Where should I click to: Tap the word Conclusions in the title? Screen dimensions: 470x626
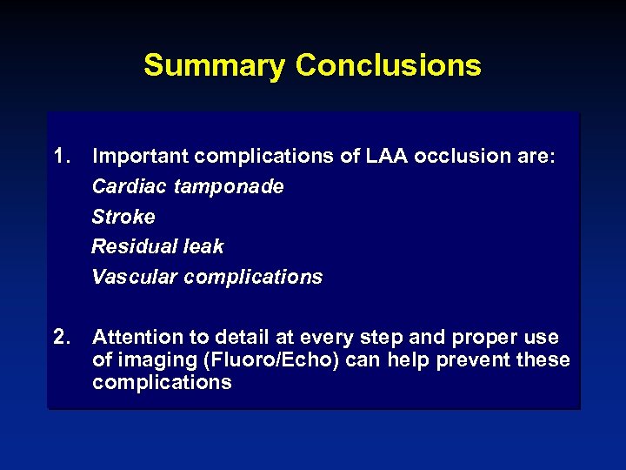[388, 65]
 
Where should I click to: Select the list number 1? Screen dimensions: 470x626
[61, 157]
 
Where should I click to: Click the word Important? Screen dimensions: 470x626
[142, 157]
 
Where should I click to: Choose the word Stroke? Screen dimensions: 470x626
[123, 217]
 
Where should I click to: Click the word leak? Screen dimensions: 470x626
[203, 247]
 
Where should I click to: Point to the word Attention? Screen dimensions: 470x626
[135, 337]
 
